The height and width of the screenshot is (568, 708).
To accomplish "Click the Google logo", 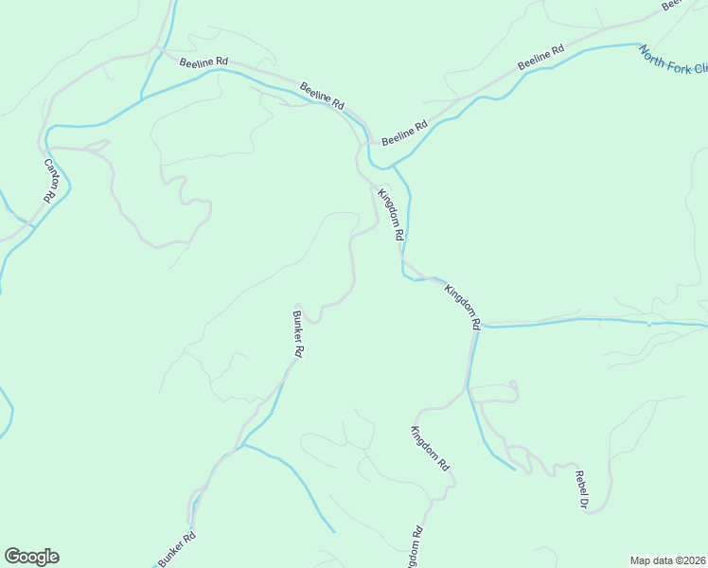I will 31,557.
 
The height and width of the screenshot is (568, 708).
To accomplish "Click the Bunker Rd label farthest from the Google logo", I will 297,333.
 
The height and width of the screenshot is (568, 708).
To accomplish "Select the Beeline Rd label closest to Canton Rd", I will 204,62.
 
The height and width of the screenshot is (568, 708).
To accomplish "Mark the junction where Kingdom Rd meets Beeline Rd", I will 369,144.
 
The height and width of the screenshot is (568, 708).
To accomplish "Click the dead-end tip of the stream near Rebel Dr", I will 515,469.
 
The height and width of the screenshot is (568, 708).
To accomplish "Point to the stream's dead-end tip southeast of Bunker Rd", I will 333,531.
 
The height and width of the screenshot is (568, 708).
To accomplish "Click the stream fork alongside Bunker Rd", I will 243,444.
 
